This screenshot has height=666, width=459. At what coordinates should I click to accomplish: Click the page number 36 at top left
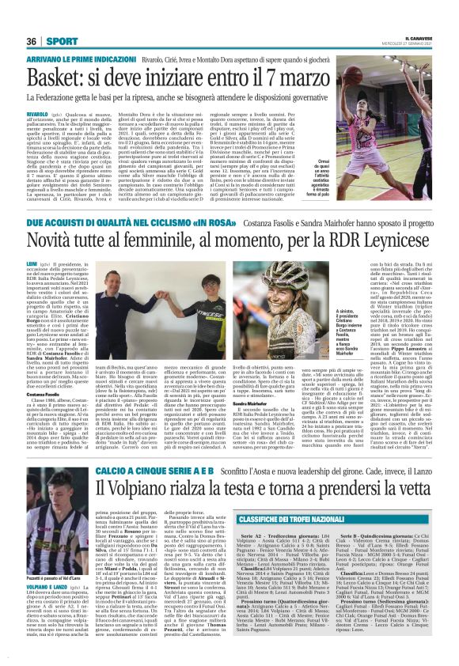tap(32, 41)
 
